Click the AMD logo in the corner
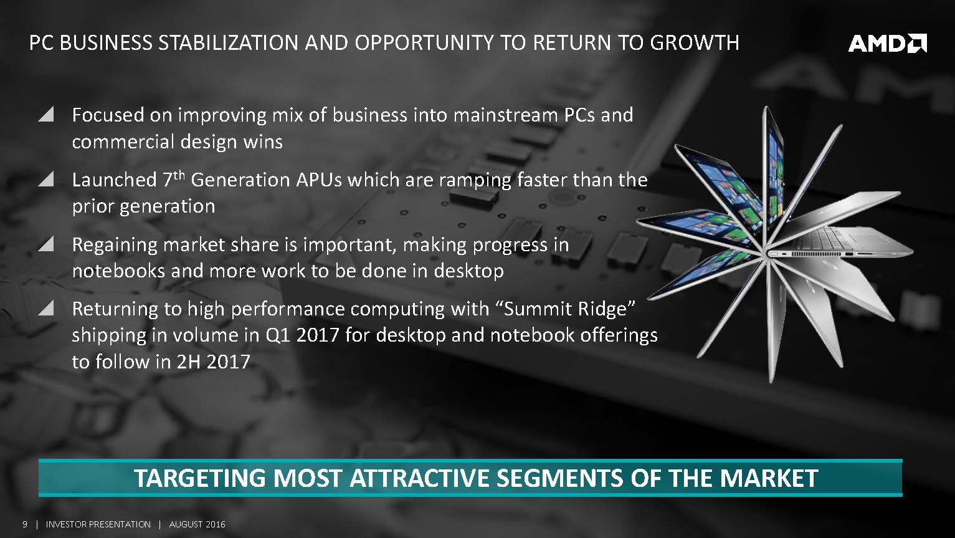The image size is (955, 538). (x=887, y=43)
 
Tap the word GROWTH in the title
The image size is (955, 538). (x=695, y=43)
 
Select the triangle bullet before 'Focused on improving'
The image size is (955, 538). (x=45, y=115)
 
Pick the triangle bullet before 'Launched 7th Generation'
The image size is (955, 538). (x=45, y=180)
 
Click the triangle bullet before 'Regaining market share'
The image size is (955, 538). (x=45, y=244)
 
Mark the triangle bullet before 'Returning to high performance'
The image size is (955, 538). (x=45, y=309)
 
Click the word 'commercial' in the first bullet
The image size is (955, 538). (x=119, y=142)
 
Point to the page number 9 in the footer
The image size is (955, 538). (x=25, y=524)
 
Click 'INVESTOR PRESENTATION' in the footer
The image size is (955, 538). (x=98, y=524)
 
